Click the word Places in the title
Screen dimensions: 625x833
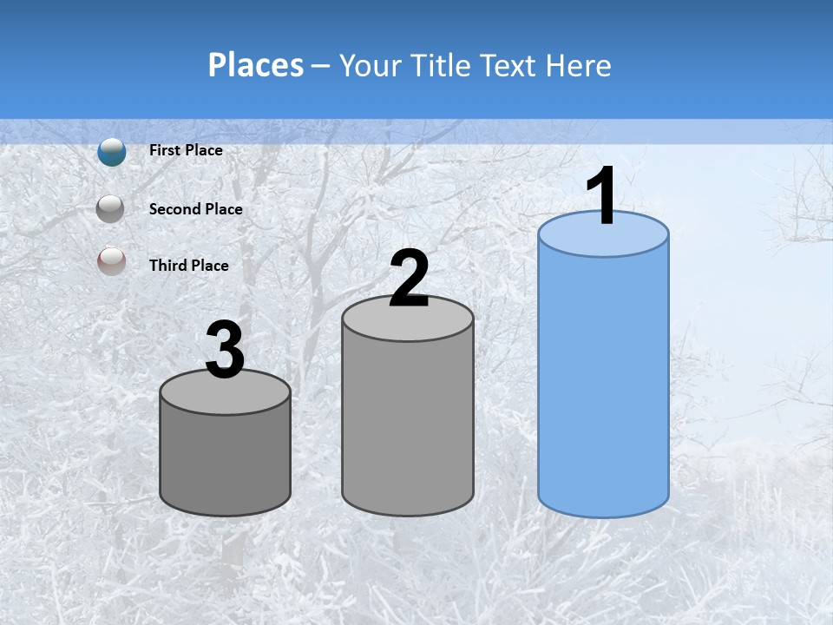pyautogui.click(x=255, y=65)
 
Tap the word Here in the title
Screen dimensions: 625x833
pyautogui.click(x=577, y=65)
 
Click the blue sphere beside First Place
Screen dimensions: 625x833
pyautogui.click(x=112, y=152)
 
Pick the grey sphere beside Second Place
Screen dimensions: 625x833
pyautogui.click(x=111, y=209)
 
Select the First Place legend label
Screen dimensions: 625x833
pyautogui.click(x=186, y=150)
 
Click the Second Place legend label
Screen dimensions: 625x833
pyautogui.click(x=195, y=209)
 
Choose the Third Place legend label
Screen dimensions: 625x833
pyautogui.click(x=188, y=266)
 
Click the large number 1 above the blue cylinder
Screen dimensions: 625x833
pyautogui.click(x=601, y=195)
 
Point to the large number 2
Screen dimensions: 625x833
pyautogui.click(x=409, y=279)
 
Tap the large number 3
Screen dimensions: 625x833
pyautogui.click(x=225, y=351)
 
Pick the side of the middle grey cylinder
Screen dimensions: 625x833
pyautogui.click(x=408, y=425)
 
